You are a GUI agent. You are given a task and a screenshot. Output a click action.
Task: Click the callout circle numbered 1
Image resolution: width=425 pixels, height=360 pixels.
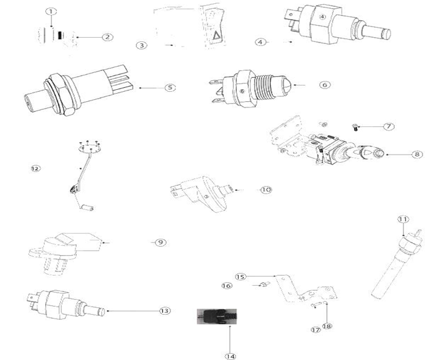click(x=51, y=12)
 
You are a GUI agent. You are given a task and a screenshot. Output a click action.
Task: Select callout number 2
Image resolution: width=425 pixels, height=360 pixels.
click(x=108, y=37)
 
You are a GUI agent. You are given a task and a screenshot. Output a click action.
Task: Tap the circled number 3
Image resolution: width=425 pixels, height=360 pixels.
click(x=141, y=45)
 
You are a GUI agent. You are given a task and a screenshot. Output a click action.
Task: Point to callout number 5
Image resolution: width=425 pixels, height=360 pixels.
click(x=170, y=87)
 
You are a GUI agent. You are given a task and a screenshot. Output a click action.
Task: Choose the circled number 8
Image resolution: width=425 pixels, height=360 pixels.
click(x=417, y=155)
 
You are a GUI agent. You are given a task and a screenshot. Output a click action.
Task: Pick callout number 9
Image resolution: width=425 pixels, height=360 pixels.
click(x=160, y=242)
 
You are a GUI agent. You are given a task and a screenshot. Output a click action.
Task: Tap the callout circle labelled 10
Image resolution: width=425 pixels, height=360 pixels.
click(x=266, y=190)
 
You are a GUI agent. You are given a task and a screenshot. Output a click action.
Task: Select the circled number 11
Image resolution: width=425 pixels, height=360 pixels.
click(x=403, y=219)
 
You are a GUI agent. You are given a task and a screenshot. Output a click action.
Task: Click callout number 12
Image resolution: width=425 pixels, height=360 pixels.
click(x=35, y=168)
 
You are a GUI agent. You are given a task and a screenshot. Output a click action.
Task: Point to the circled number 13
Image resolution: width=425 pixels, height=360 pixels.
click(x=165, y=311)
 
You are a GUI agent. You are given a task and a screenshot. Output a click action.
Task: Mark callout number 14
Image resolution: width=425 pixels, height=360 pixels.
click(x=230, y=356)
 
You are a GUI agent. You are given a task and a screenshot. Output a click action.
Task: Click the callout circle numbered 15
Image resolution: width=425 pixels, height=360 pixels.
click(x=240, y=276)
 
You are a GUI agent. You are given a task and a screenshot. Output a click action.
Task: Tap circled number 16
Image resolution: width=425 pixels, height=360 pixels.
click(x=226, y=285)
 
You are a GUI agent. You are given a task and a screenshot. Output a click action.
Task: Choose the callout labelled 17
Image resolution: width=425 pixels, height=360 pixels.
click(x=316, y=330)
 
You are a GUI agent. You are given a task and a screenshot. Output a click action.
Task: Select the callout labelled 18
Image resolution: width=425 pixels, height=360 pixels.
click(x=327, y=326)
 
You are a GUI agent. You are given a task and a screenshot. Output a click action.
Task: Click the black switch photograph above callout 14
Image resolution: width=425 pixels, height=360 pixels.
click(x=217, y=317)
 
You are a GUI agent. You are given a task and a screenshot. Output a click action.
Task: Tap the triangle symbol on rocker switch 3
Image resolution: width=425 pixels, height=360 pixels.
click(x=216, y=35)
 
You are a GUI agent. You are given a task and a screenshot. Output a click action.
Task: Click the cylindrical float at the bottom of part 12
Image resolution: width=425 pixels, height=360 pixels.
click(x=87, y=208)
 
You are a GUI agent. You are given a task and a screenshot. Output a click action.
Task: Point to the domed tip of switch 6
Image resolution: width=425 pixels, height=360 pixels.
click(x=287, y=85)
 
